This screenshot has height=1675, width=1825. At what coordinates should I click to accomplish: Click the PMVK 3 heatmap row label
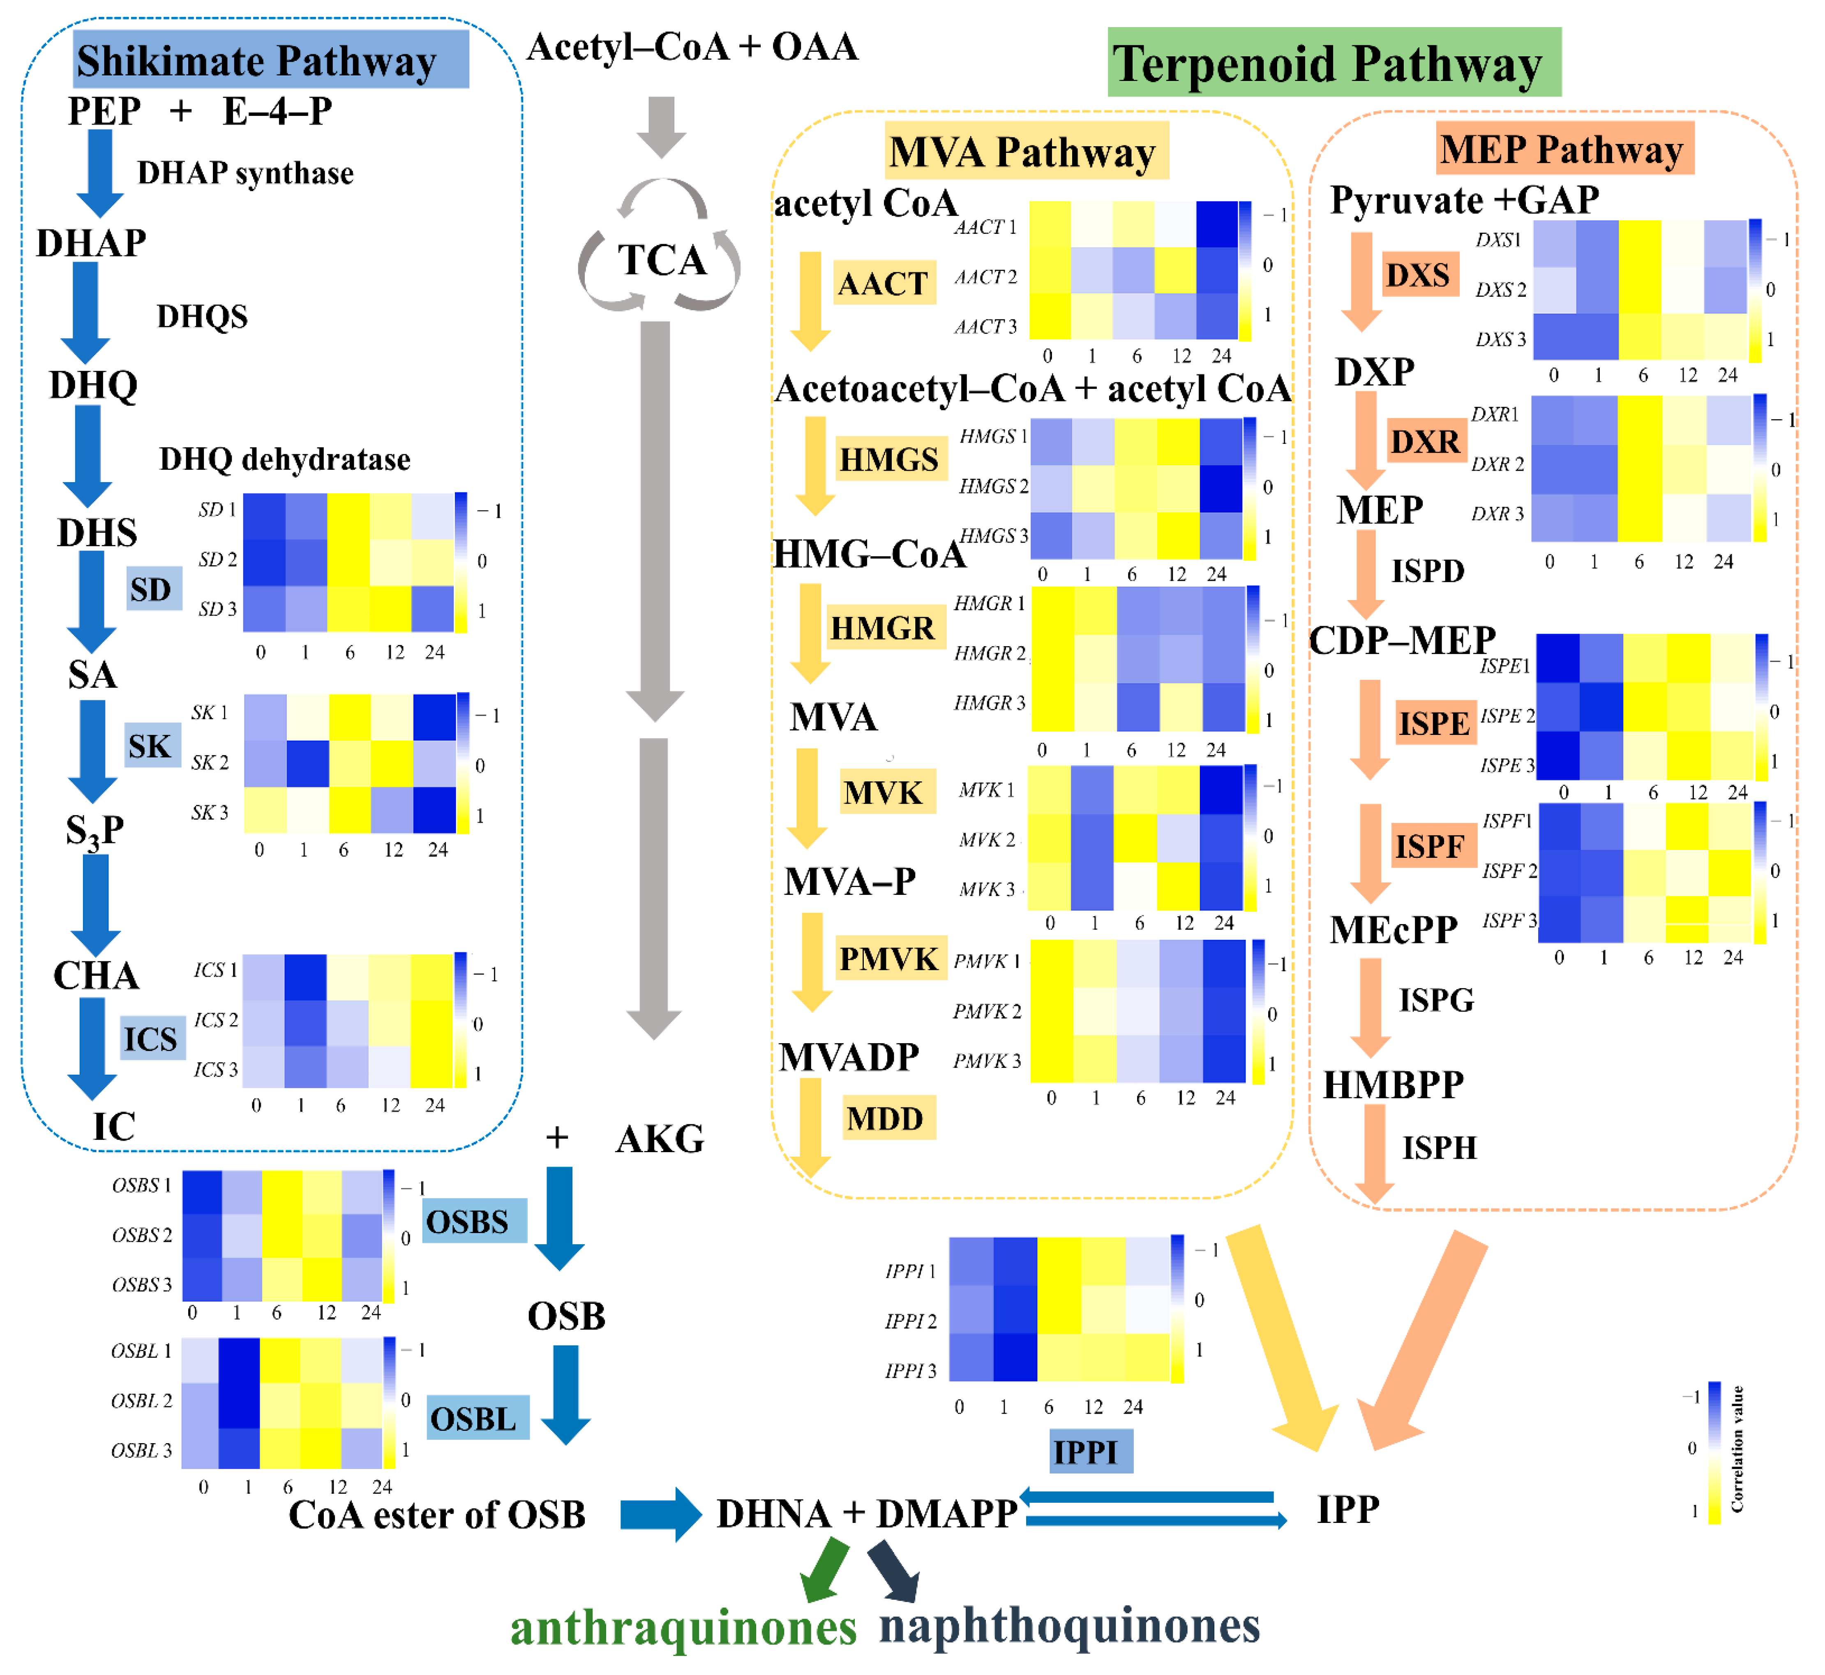(987, 1060)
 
